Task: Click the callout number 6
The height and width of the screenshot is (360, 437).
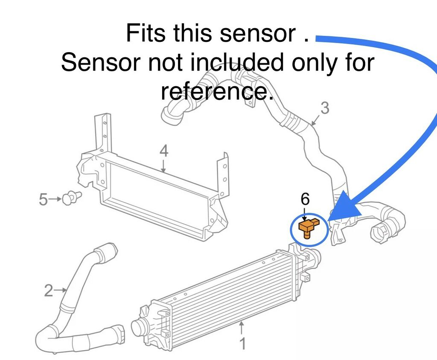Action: pos(305,199)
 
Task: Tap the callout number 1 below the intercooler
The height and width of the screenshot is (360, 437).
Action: pos(242,343)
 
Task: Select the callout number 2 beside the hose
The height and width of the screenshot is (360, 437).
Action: pos(48,291)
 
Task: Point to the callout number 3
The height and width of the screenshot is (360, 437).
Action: pos(325,108)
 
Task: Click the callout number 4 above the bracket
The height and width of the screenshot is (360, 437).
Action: pos(164,151)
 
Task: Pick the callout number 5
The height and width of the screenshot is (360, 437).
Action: pos(44,199)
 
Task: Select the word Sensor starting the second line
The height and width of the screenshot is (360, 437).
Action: pos(100,62)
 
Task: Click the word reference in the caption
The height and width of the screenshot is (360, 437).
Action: pos(216,91)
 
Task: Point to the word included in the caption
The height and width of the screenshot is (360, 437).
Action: pos(237,62)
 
